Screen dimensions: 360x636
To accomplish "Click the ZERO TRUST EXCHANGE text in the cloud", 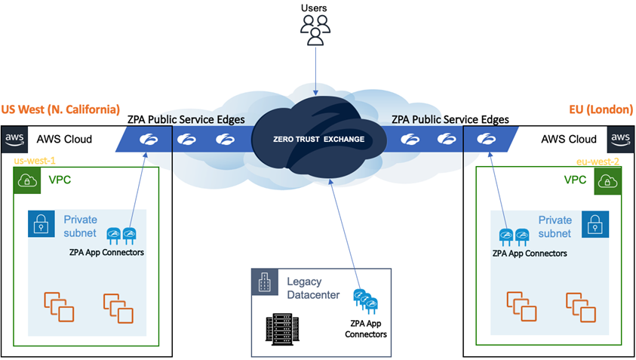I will pyautogui.click(x=318, y=140).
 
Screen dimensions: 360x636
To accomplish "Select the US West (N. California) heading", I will pyautogui.click(x=60, y=109).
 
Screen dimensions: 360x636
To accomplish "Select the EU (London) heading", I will pyautogui.click(x=601, y=109).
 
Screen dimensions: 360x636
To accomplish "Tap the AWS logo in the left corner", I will pyautogui.click(x=14, y=139).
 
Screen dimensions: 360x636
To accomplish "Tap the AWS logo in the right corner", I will pyautogui.click(x=620, y=139).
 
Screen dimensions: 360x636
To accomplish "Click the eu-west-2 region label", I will pyautogui.click(x=598, y=162).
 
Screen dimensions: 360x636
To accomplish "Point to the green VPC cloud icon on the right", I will pyautogui.click(x=607, y=181).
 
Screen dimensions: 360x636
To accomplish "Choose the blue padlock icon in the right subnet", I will pyautogui.click(x=595, y=224).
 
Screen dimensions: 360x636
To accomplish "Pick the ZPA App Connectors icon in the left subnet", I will pyautogui.click(x=121, y=236).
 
